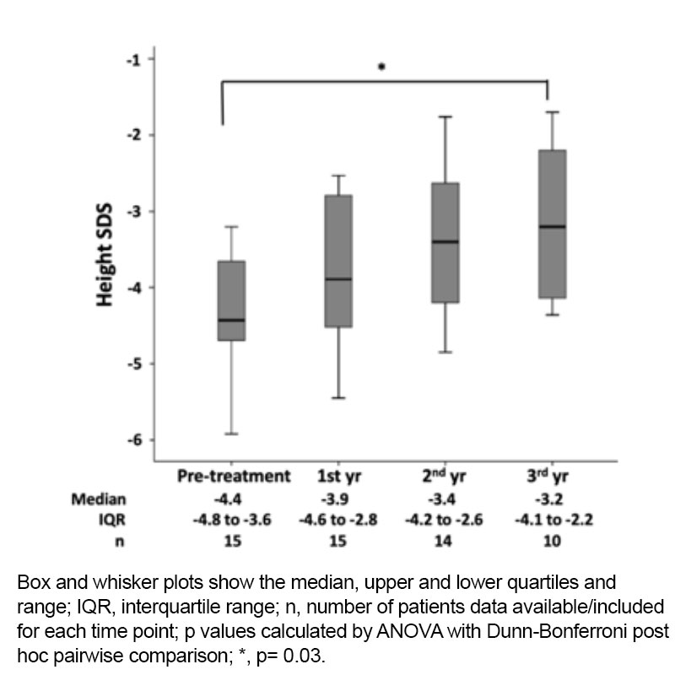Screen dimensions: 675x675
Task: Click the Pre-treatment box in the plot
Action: [231, 300]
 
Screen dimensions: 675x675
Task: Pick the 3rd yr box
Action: [552, 224]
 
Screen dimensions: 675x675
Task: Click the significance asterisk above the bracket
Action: [381, 67]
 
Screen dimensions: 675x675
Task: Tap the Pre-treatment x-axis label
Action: [234, 476]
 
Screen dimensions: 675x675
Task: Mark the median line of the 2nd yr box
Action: [445, 241]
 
